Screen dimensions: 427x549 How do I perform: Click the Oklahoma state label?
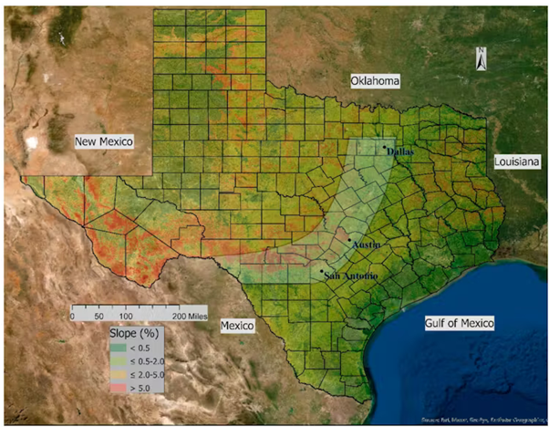(x=377, y=82)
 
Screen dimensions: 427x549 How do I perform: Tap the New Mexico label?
(x=104, y=141)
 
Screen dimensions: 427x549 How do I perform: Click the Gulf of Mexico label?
(x=460, y=323)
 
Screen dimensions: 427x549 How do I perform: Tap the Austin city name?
(x=366, y=245)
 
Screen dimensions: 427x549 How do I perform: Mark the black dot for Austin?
(x=349, y=239)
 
